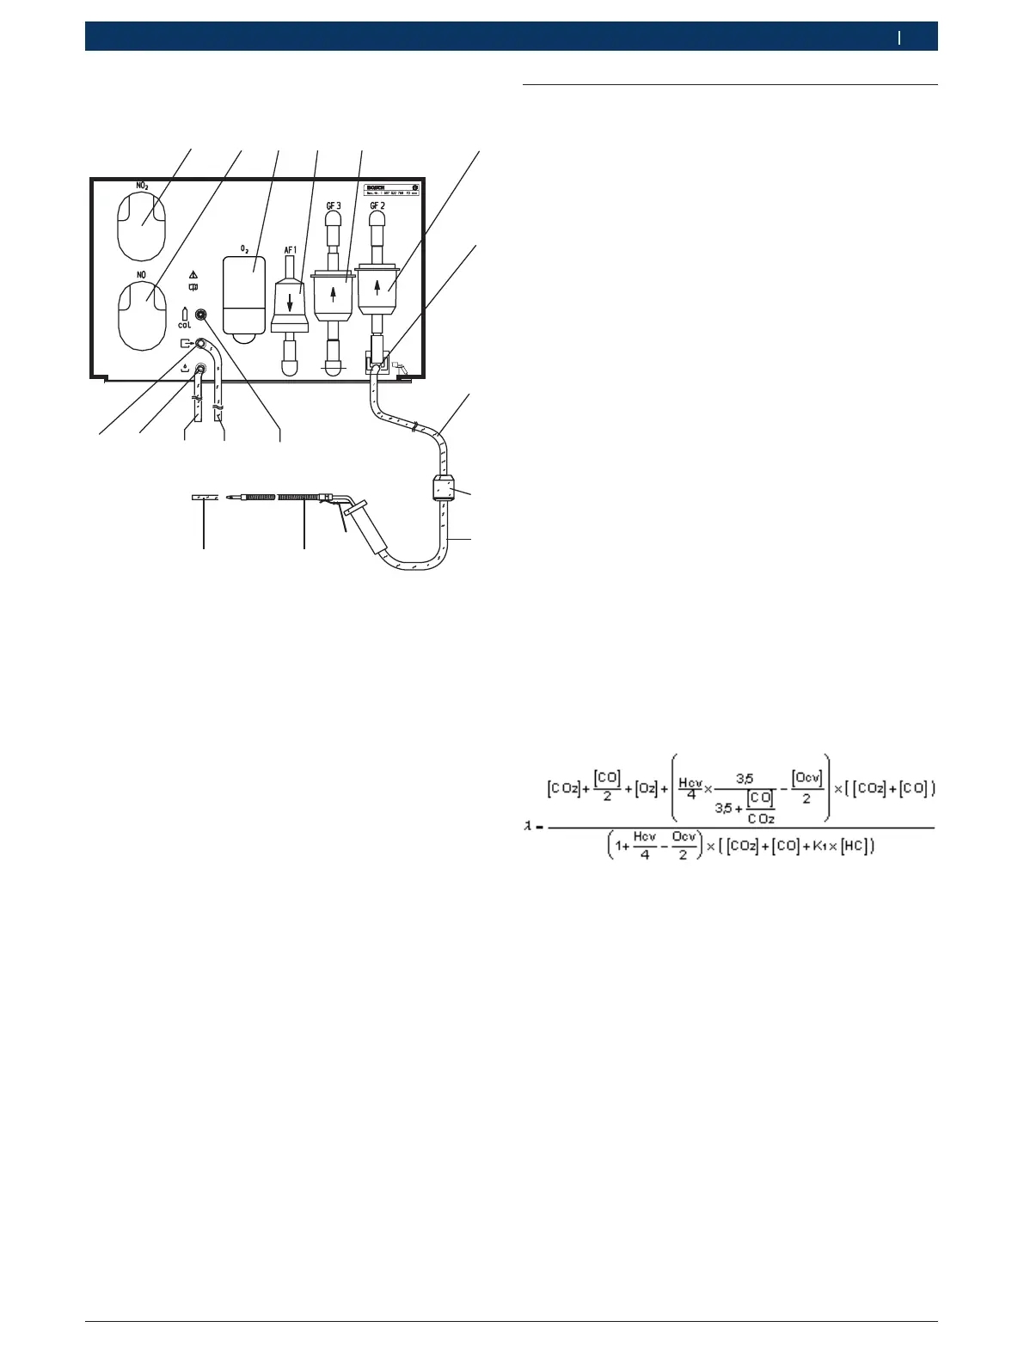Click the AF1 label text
[x=290, y=249]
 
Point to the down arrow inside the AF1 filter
[x=290, y=303]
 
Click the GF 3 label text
[x=333, y=206]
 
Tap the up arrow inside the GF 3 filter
[x=334, y=294]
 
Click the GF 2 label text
[x=377, y=206]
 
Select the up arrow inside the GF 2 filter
[x=377, y=284]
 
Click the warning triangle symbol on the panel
[x=193, y=275]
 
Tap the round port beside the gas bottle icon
[x=203, y=315]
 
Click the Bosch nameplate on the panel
[x=391, y=190]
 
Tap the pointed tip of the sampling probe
[x=230, y=497]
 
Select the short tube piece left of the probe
[x=203, y=497]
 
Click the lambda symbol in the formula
[x=529, y=826]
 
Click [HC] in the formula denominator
[x=855, y=847]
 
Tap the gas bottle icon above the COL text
[x=185, y=315]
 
